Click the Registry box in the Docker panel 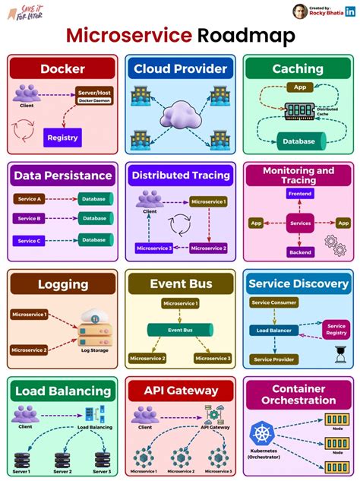(x=62, y=138)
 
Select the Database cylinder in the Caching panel (x=299, y=141)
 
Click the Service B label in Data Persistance (x=30, y=219)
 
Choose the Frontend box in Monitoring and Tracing (x=299, y=195)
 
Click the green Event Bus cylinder (x=180, y=331)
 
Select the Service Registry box (x=336, y=330)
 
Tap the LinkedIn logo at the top (x=349, y=11)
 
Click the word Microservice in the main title (x=129, y=35)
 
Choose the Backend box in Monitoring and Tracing (x=299, y=252)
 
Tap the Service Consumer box (x=273, y=302)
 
